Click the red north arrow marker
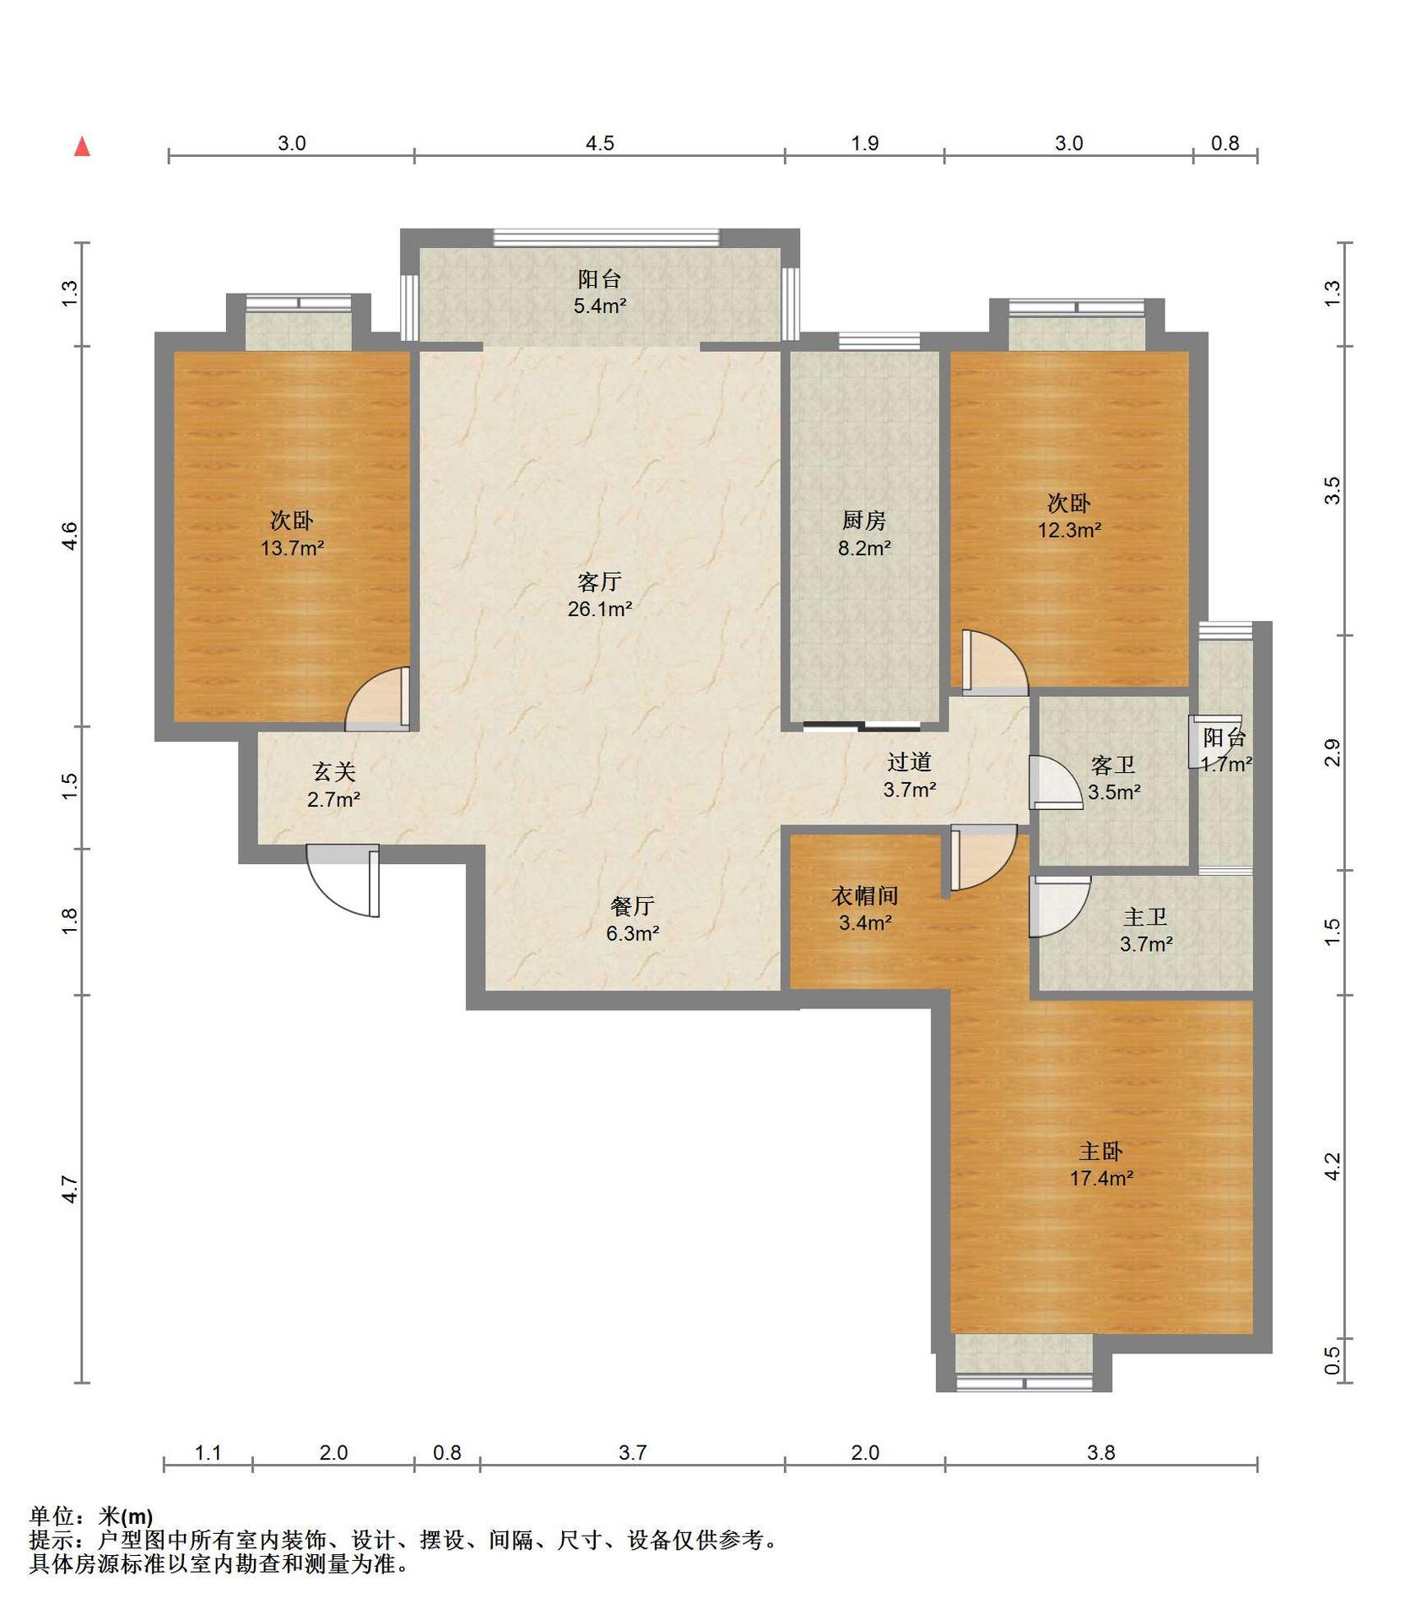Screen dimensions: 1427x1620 (82, 147)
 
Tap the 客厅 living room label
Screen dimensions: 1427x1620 (599, 581)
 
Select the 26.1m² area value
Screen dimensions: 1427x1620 (600, 608)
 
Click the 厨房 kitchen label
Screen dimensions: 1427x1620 (864, 521)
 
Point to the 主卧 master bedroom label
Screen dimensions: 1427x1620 (1100, 1151)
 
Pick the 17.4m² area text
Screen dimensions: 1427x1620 (1101, 1178)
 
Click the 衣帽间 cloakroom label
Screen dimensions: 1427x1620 (865, 895)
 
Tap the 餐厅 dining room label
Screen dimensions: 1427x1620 (632, 905)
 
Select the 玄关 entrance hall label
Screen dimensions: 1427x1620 (334, 771)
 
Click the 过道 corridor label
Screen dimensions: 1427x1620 (909, 762)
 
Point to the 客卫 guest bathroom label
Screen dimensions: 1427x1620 (1113, 765)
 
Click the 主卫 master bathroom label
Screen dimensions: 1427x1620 (1145, 916)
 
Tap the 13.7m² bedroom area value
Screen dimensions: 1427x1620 (292, 548)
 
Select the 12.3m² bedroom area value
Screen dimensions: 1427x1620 (1069, 530)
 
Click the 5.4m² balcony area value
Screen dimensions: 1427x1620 (600, 305)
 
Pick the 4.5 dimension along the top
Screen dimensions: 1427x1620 (600, 143)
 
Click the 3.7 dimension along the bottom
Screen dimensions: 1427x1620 (632, 1452)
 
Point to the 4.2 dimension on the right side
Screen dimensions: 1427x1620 (1332, 1166)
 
